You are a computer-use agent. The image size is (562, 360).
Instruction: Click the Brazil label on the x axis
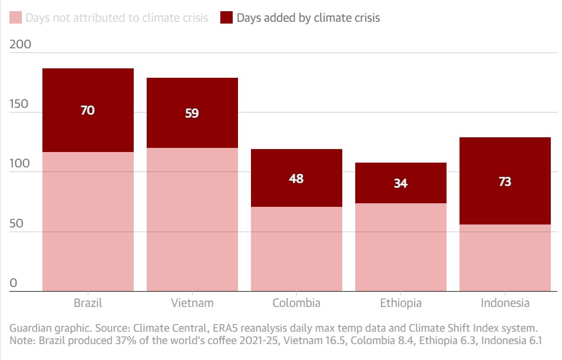88,303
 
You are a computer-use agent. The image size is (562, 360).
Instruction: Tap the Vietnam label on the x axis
192,303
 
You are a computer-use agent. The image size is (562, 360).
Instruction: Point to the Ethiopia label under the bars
401,303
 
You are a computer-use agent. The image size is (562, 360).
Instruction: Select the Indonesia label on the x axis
505,303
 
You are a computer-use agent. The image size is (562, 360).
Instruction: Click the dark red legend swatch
226,18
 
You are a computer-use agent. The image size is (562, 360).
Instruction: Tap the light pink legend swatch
15,18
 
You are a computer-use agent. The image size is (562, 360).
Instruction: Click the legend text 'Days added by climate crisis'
308,18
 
